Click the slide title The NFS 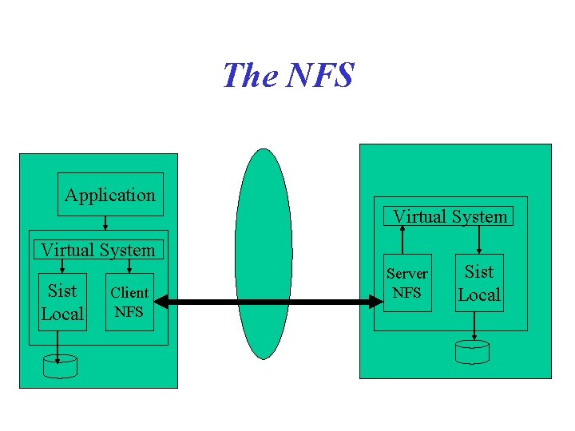click(x=287, y=76)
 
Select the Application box click(x=110, y=195)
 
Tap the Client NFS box click(x=129, y=302)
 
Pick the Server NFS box click(x=407, y=283)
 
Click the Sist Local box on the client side click(x=62, y=302)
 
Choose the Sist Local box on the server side click(x=479, y=283)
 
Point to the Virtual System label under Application click(x=98, y=250)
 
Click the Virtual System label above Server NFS click(x=450, y=216)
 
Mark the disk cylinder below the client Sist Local click(x=61, y=366)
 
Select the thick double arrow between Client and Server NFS click(x=268, y=302)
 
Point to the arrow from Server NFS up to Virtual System click(x=402, y=239)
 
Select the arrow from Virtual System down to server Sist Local click(x=479, y=239)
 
